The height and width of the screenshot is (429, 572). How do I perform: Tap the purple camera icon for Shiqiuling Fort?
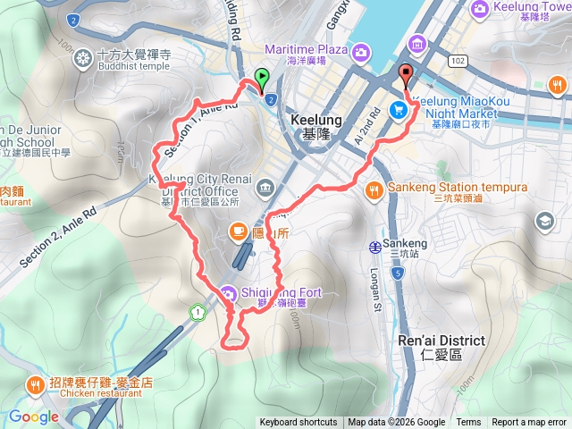pyautogui.click(x=229, y=292)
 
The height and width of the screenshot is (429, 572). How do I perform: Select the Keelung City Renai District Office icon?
pyautogui.click(x=265, y=187)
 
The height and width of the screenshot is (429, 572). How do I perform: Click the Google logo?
pyautogui.click(x=34, y=416)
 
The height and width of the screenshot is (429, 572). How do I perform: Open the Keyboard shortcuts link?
pyautogui.click(x=299, y=423)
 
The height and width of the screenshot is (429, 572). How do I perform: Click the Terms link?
pyautogui.click(x=468, y=423)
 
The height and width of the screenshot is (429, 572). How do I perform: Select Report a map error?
pyautogui.click(x=529, y=423)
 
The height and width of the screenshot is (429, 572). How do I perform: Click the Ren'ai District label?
pyautogui.click(x=442, y=341)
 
